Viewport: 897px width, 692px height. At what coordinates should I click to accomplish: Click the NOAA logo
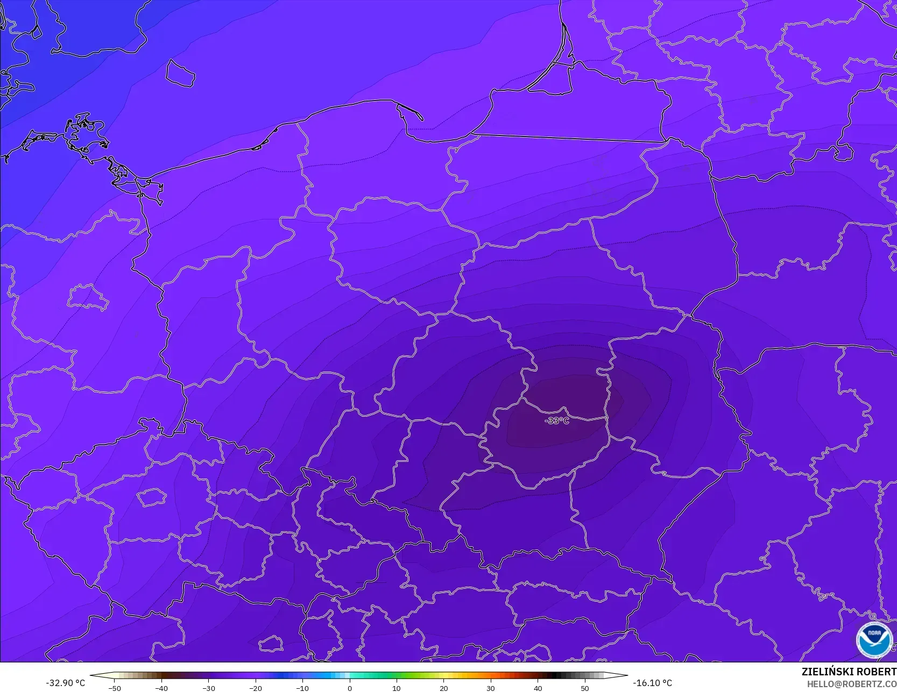click(874, 640)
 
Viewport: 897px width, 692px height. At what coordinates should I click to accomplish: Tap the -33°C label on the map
click(557, 420)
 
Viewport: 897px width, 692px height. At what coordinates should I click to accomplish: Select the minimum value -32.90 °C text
click(66, 683)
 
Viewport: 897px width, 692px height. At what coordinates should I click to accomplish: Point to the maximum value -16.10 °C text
click(652, 683)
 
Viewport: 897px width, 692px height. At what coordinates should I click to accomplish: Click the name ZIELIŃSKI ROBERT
click(849, 672)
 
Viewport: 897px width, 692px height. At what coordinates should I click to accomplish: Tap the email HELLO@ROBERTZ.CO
click(851, 683)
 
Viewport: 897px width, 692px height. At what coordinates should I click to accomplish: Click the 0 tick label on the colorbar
click(349, 688)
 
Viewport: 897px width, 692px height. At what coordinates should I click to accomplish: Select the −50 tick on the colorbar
click(114, 688)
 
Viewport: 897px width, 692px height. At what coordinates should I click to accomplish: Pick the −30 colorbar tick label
click(208, 688)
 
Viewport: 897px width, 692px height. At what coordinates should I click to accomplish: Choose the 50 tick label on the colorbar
click(585, 688)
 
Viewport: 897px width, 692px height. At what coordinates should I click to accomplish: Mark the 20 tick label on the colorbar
click(443, 688)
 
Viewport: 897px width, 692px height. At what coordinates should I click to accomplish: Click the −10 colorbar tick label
click(302, 688)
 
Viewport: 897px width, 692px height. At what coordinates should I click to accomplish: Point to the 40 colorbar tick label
click(538, 688)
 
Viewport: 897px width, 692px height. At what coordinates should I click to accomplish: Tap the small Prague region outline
click(151, 497)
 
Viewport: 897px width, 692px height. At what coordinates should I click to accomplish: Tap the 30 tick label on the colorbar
click(491, 688)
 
